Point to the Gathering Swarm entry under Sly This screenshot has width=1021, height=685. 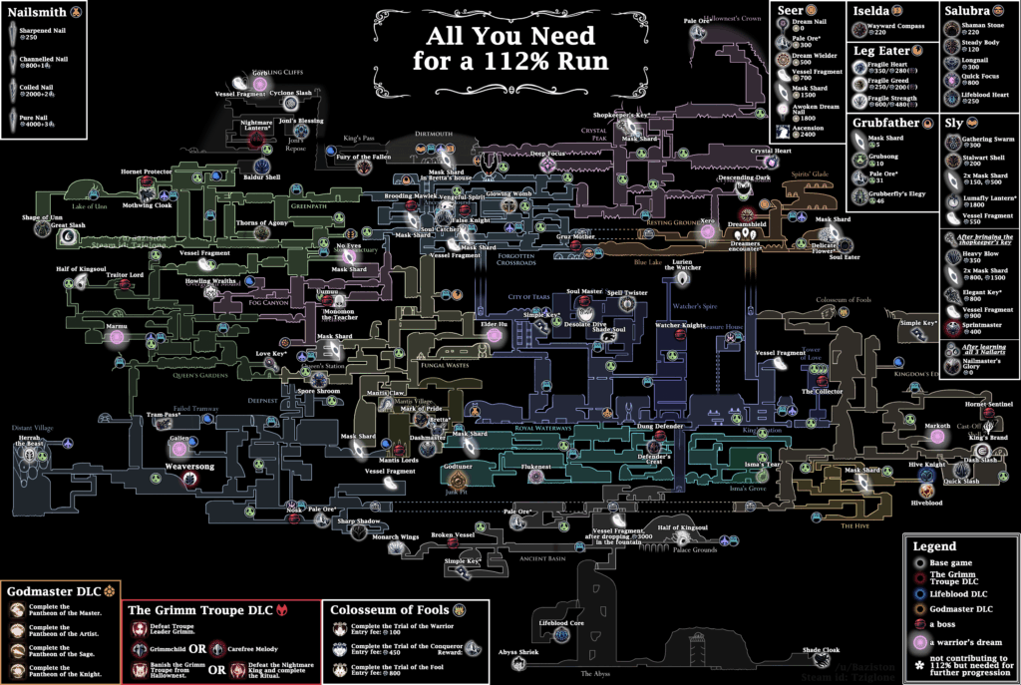(987, 141)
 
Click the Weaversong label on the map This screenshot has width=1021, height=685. (192, 466)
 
